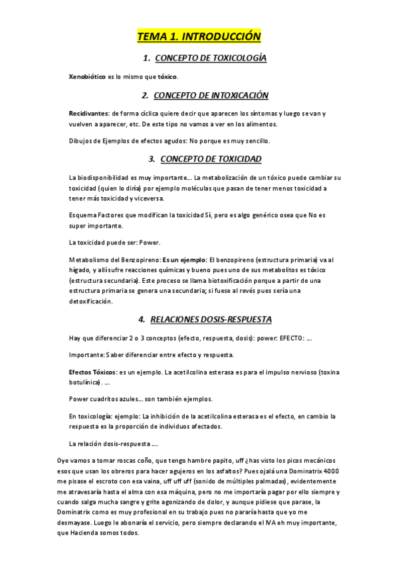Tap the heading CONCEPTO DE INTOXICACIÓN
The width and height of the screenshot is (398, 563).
point(210,96)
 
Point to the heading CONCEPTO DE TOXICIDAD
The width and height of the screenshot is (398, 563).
point(211,159)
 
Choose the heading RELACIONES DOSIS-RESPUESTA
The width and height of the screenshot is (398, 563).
point(211,319)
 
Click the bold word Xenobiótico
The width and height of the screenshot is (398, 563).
point(87,77)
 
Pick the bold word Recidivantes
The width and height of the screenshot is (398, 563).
point(89,114)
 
